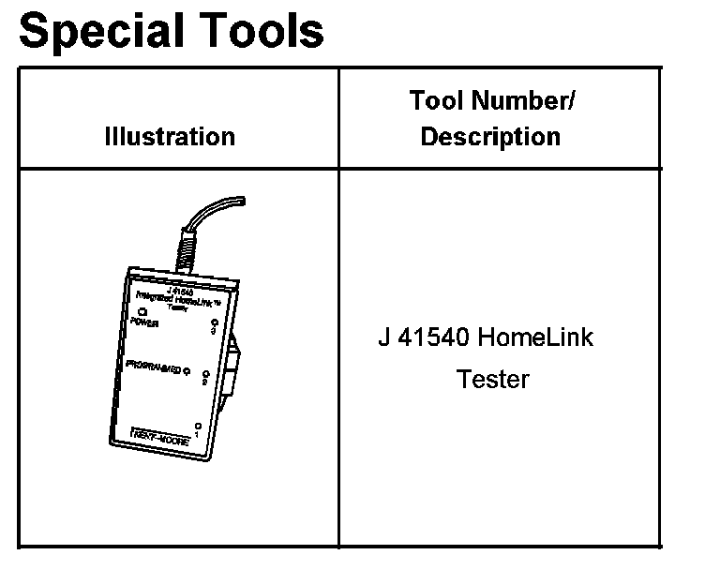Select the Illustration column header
point(170,137)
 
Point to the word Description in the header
point(490,137)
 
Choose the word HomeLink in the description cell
point(535,337)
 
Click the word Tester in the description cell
point(493,380)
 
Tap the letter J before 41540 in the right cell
point(384,337)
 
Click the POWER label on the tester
point(145,322)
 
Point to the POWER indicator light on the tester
point(142,311)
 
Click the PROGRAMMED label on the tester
point(154,367)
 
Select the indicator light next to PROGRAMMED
point(187,370)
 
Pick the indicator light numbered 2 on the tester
point(203,373)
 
